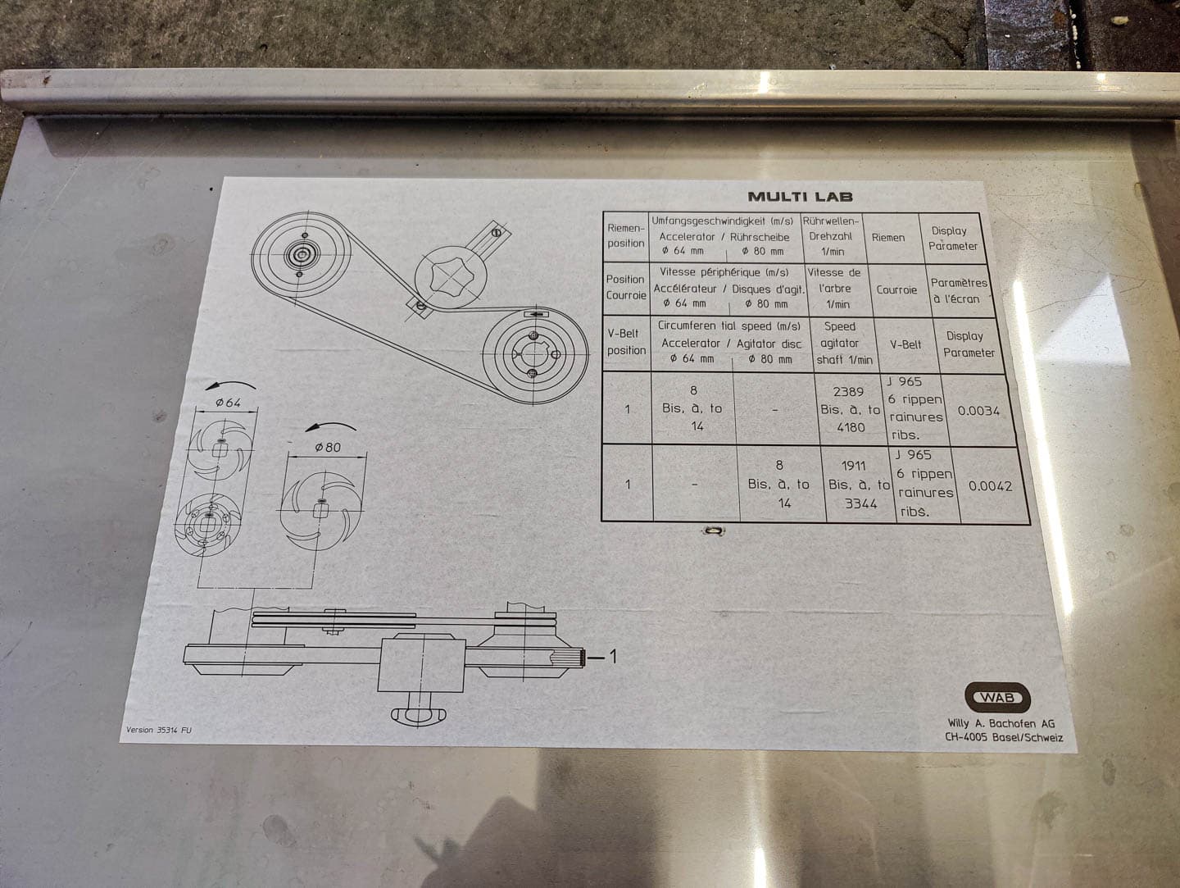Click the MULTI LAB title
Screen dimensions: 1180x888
click(x=800, y=196)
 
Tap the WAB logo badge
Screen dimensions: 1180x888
click(x=997, y=698)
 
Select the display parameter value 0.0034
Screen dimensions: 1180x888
click(x=978, y=411)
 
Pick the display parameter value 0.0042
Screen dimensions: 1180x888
click(x=990, y=486)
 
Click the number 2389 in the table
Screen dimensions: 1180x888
click(x=848, y=392)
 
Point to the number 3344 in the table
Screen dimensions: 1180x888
click(x=860, y=504)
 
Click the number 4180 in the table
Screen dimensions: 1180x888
click(x=851, y=427)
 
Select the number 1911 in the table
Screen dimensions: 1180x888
click(x=853, y=466)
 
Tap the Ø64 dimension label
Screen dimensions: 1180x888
click(x=228, y=403)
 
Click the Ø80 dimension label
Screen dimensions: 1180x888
click(x=328, y=447)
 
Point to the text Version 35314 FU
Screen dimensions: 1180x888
click(x=159, y=730)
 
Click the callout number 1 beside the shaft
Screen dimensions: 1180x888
click(x=612, y=656)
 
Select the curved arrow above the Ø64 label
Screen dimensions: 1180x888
click(x=230, y=384)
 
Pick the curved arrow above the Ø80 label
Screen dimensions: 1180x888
click(x=330, y=426)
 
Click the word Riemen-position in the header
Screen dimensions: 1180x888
click(x=626, y=235)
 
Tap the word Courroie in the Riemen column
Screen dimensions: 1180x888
click(x=896, y=290)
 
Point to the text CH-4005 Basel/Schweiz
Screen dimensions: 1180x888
click(x=1004, y=737)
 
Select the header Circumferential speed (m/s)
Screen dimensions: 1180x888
click(x=729, y=326)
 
